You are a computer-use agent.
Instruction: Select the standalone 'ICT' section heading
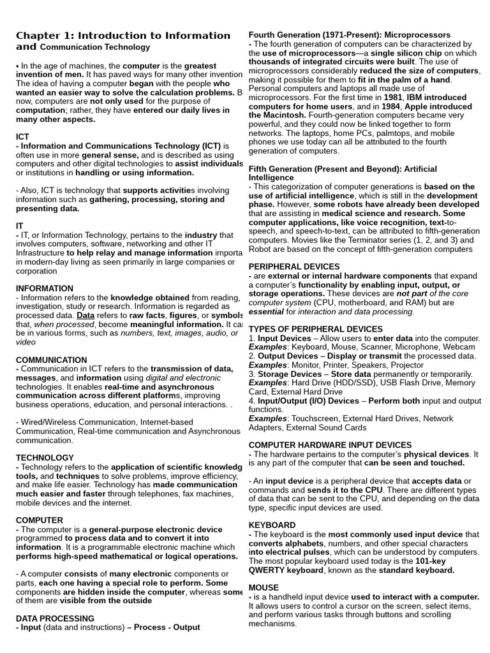tap(22, 136)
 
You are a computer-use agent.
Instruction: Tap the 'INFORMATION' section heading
tap(45, 288)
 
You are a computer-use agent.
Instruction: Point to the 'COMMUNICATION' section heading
tap(51, 360)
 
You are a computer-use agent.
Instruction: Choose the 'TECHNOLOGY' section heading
tap(45, 458)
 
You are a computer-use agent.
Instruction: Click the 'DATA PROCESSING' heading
tap(55, 619)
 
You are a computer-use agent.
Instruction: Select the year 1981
tap(392, 98)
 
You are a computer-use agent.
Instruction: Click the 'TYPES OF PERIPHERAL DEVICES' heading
tap(315, 329)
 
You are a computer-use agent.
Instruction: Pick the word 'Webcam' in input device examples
tap(460, 347)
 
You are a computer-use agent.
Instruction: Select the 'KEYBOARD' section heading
tap(272, 525)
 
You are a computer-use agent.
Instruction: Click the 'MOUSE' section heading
tap(264, 587)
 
